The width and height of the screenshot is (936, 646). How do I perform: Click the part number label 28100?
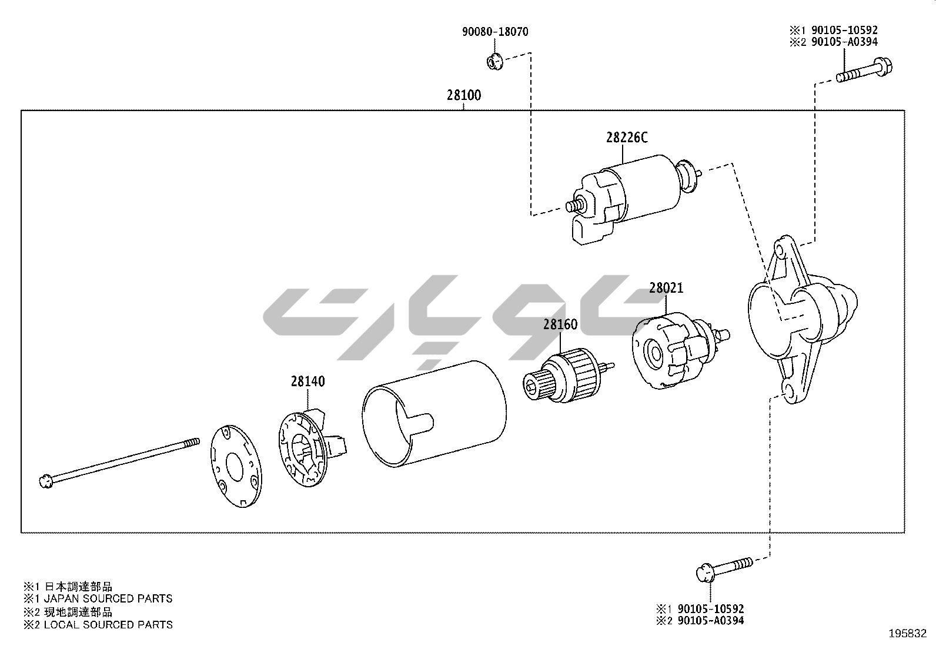click(x=464, y=95)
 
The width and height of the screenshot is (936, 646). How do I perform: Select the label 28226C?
click(x=627, y=138)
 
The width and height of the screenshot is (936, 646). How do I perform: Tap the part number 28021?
click(x=666, y=288)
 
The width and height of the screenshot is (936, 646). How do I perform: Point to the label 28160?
click(x=560, y=324)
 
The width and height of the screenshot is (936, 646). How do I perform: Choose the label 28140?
click(x=308, y=381)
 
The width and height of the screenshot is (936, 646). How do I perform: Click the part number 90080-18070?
click(x=495, y=32)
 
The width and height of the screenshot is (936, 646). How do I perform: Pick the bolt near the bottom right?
click(x=724, y=569)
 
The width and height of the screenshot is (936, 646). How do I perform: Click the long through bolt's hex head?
click(x=46, y=482)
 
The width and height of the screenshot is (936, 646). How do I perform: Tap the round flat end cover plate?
click(x=236, y=466)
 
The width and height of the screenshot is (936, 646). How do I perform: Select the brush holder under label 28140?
click(x=311, y=448)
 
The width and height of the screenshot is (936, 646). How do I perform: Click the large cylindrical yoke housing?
click(x=434, y=414)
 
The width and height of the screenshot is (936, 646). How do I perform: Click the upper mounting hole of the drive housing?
click(x=779, y=250)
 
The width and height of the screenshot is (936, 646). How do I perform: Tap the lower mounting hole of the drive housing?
click(x=788, y=391)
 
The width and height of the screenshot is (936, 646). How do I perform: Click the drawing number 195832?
click(x=908, y=634)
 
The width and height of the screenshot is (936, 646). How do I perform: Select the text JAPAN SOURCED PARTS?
click(x=108, y=598)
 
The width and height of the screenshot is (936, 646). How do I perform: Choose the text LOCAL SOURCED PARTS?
click(x=108, y=625)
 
